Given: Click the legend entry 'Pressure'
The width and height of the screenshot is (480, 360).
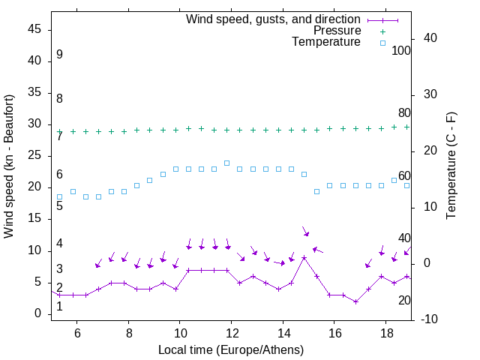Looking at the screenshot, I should point(337,31).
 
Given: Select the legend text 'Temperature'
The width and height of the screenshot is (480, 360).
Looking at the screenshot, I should point(326,42).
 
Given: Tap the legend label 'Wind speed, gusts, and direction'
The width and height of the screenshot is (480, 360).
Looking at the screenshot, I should point(274,19).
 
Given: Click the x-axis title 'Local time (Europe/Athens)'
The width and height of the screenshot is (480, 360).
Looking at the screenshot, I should point(231,350).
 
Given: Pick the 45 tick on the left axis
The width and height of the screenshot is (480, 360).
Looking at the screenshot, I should point(34,30).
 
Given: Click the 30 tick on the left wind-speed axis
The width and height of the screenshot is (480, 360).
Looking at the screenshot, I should point(34,124).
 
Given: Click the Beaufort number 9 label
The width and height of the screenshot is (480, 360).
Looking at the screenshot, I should point(59,55).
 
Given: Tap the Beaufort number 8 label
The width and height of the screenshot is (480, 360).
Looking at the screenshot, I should point(59,98).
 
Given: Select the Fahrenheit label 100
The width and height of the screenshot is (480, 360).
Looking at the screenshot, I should point(401,50).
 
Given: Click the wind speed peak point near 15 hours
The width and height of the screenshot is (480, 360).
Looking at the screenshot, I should point(304,257).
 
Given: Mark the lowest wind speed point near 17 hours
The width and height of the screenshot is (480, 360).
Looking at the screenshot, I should point(355,301).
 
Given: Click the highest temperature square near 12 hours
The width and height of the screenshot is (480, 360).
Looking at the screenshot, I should point(226,163).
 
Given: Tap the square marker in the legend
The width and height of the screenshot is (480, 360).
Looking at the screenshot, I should point(382,43).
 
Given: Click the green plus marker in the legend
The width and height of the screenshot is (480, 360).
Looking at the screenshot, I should point(382,31).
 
